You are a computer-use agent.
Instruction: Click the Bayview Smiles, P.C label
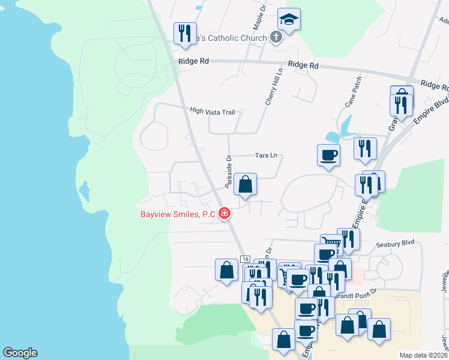[178, 214]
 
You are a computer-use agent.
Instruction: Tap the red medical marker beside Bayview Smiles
[224, 213]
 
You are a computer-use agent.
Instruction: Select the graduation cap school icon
[289, 20]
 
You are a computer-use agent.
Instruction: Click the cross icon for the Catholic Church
[276, 38]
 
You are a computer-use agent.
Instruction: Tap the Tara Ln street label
[266, 155]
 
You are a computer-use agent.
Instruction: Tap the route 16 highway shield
[245, 259]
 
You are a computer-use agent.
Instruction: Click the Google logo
[20, 353]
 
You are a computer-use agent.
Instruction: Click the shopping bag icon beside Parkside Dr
[245, 185]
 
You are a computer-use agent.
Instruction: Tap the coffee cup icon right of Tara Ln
[328, 155]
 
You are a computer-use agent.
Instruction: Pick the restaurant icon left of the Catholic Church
[185, 33]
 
